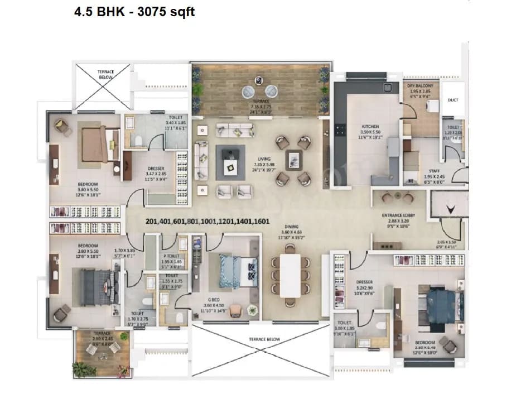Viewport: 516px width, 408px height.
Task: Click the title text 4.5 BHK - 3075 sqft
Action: (x=134, y=11)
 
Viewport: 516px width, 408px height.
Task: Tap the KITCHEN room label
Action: (x=370, y=127)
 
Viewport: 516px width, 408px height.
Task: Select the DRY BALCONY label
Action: (x=420, y=85)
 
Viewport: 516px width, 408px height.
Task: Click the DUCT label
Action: (x=452, y=100)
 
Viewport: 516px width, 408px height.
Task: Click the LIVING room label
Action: (x=257, y=159)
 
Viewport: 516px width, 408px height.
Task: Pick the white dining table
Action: (x=290, y=275)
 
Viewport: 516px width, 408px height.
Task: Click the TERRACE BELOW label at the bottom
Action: (x=264, y=339)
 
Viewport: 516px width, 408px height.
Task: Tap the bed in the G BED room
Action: (x=237, y=271)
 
